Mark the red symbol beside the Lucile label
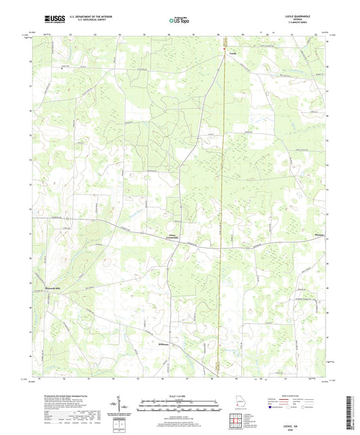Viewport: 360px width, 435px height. click(224, 49)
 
